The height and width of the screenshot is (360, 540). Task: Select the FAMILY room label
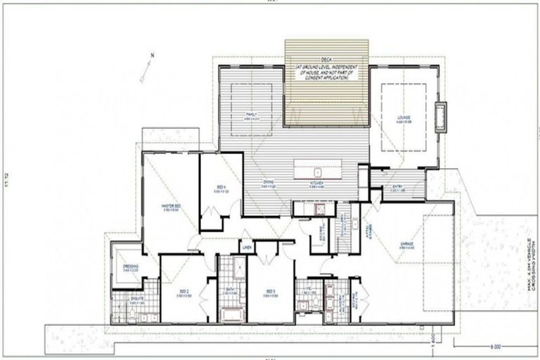point(250,114)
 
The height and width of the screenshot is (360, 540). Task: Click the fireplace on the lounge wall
point(441,117)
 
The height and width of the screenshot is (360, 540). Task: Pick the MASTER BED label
point(172,205)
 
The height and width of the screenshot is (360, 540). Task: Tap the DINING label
point(269,182)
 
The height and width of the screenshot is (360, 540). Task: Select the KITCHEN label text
point(316,182)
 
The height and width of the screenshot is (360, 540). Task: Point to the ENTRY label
point(397,186)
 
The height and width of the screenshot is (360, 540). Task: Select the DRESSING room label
point(130,266)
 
